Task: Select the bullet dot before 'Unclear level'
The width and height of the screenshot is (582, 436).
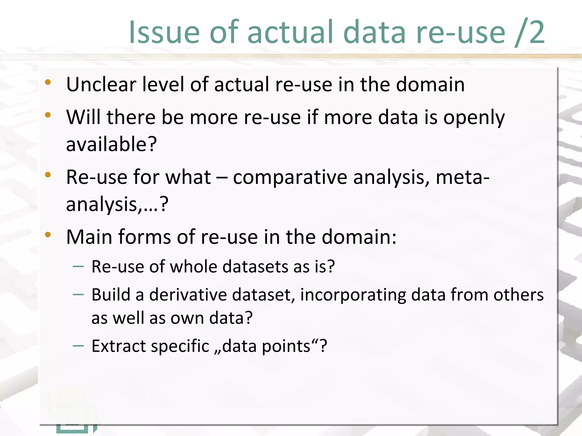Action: coord(48,82)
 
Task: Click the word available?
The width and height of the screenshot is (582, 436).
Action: coord(111,144)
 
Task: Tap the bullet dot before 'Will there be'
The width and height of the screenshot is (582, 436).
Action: coord(48,115)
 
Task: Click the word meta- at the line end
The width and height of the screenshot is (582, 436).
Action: coord(463,177)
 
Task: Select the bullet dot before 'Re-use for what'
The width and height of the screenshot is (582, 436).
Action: coord(48,175)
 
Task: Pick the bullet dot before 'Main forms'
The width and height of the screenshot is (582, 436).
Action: coord(48,234)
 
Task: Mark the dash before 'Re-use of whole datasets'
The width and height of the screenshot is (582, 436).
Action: coord(78,267)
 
